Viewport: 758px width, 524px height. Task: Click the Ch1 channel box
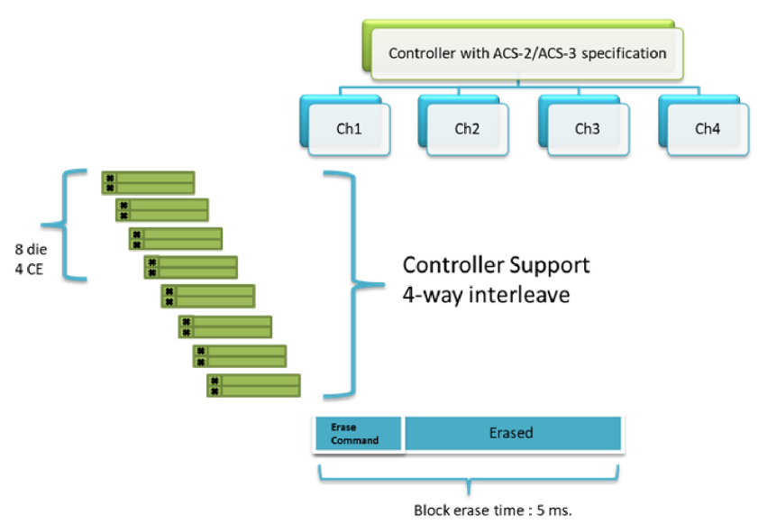(348, 129)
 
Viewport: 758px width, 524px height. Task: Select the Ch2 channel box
(467, 129)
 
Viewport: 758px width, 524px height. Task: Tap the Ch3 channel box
(587, 129)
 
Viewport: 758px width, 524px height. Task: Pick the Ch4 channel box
(707, 129)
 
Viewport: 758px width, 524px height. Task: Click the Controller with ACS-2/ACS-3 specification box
(527, 53)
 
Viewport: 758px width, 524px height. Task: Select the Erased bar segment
(512, 433)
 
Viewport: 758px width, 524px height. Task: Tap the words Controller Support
(496, 265)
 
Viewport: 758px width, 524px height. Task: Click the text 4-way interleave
(486, 295)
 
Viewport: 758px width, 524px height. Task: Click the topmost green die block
(148, 182)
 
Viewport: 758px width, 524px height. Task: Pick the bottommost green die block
(253, 385)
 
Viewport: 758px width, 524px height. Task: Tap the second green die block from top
(162, 210)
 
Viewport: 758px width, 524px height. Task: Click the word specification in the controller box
(623, 53)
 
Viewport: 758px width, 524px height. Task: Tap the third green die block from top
(177, 238)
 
